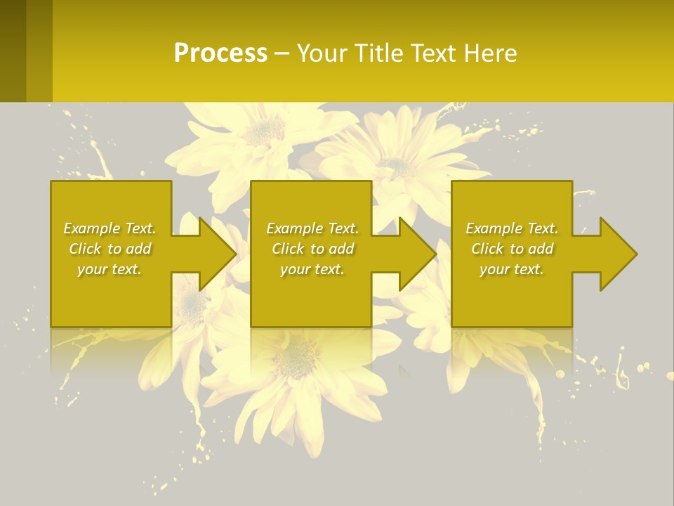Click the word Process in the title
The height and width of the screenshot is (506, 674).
pos(220,53)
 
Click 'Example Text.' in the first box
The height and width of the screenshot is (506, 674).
pos(110,228)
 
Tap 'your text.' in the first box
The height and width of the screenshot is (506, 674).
pos(110,269)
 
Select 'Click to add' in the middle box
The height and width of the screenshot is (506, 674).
pos(312,249)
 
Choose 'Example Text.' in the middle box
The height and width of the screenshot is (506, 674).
pos(312,228)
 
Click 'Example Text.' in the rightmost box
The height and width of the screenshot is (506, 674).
pos(512,228)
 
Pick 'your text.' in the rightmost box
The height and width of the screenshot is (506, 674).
pos(512,269)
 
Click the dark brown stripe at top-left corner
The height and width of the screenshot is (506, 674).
pos(13,49)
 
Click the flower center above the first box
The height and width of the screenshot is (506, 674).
pos(264,130)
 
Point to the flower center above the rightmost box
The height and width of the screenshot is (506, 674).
pos(397,166)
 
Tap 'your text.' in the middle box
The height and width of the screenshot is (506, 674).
pos(312,269)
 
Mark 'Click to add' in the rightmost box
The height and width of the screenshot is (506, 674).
pos(512,249)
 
